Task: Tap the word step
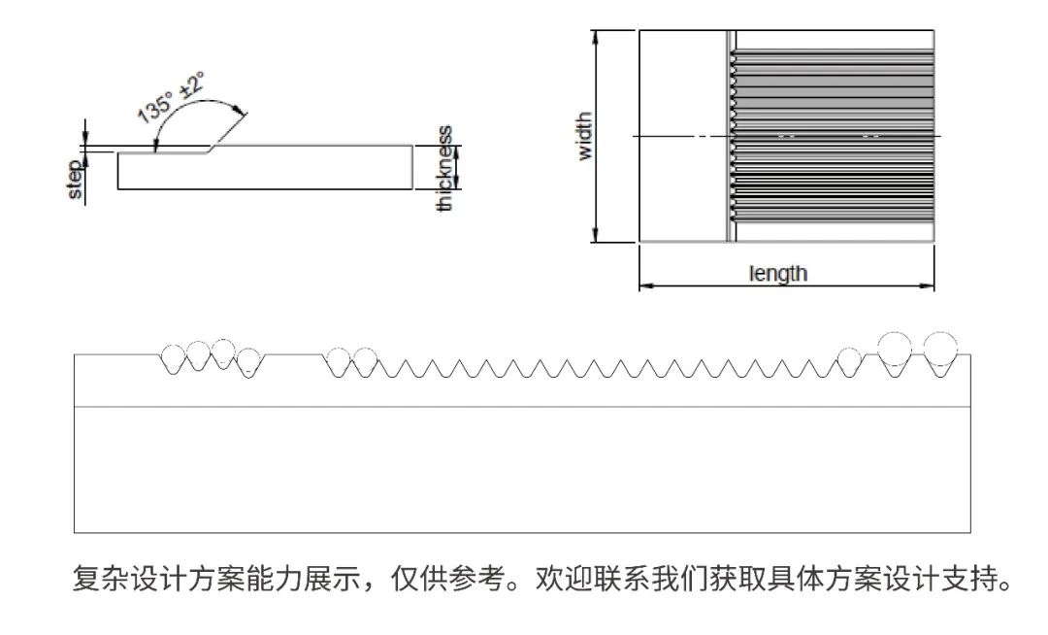[76, 181]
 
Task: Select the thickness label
[445, 169]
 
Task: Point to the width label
[584, 137]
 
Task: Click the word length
[778, 273]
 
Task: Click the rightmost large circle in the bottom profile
[939, 347]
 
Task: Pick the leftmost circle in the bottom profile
[176, 356]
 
